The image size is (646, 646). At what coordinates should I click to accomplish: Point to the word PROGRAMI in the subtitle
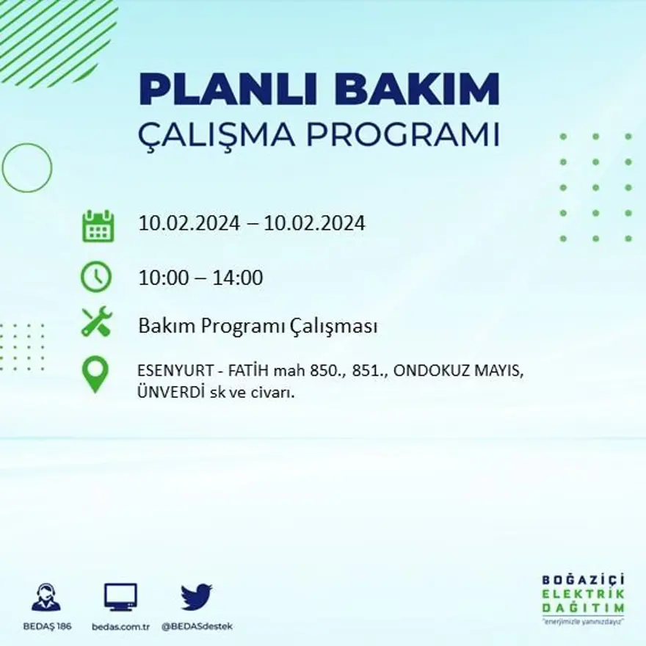tap(402, 135)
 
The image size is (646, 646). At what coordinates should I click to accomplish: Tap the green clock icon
tap(96, 277)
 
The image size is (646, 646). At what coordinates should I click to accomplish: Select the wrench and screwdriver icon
tap(96, 322)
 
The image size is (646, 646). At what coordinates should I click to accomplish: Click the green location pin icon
tap(95, 374)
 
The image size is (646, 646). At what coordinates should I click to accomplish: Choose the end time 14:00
tap(237, 278)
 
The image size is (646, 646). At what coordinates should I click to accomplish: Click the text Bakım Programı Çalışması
tap(258, 326)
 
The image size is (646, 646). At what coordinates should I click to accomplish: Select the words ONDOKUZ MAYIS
tap(458, 371)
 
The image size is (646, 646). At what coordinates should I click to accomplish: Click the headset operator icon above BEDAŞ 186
tap(46, 598)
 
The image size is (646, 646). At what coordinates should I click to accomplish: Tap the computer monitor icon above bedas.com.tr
tap(120, 598)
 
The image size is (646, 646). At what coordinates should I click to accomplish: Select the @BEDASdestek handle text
tap(196, 626)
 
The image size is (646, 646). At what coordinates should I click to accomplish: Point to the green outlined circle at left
tap(27, 167)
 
